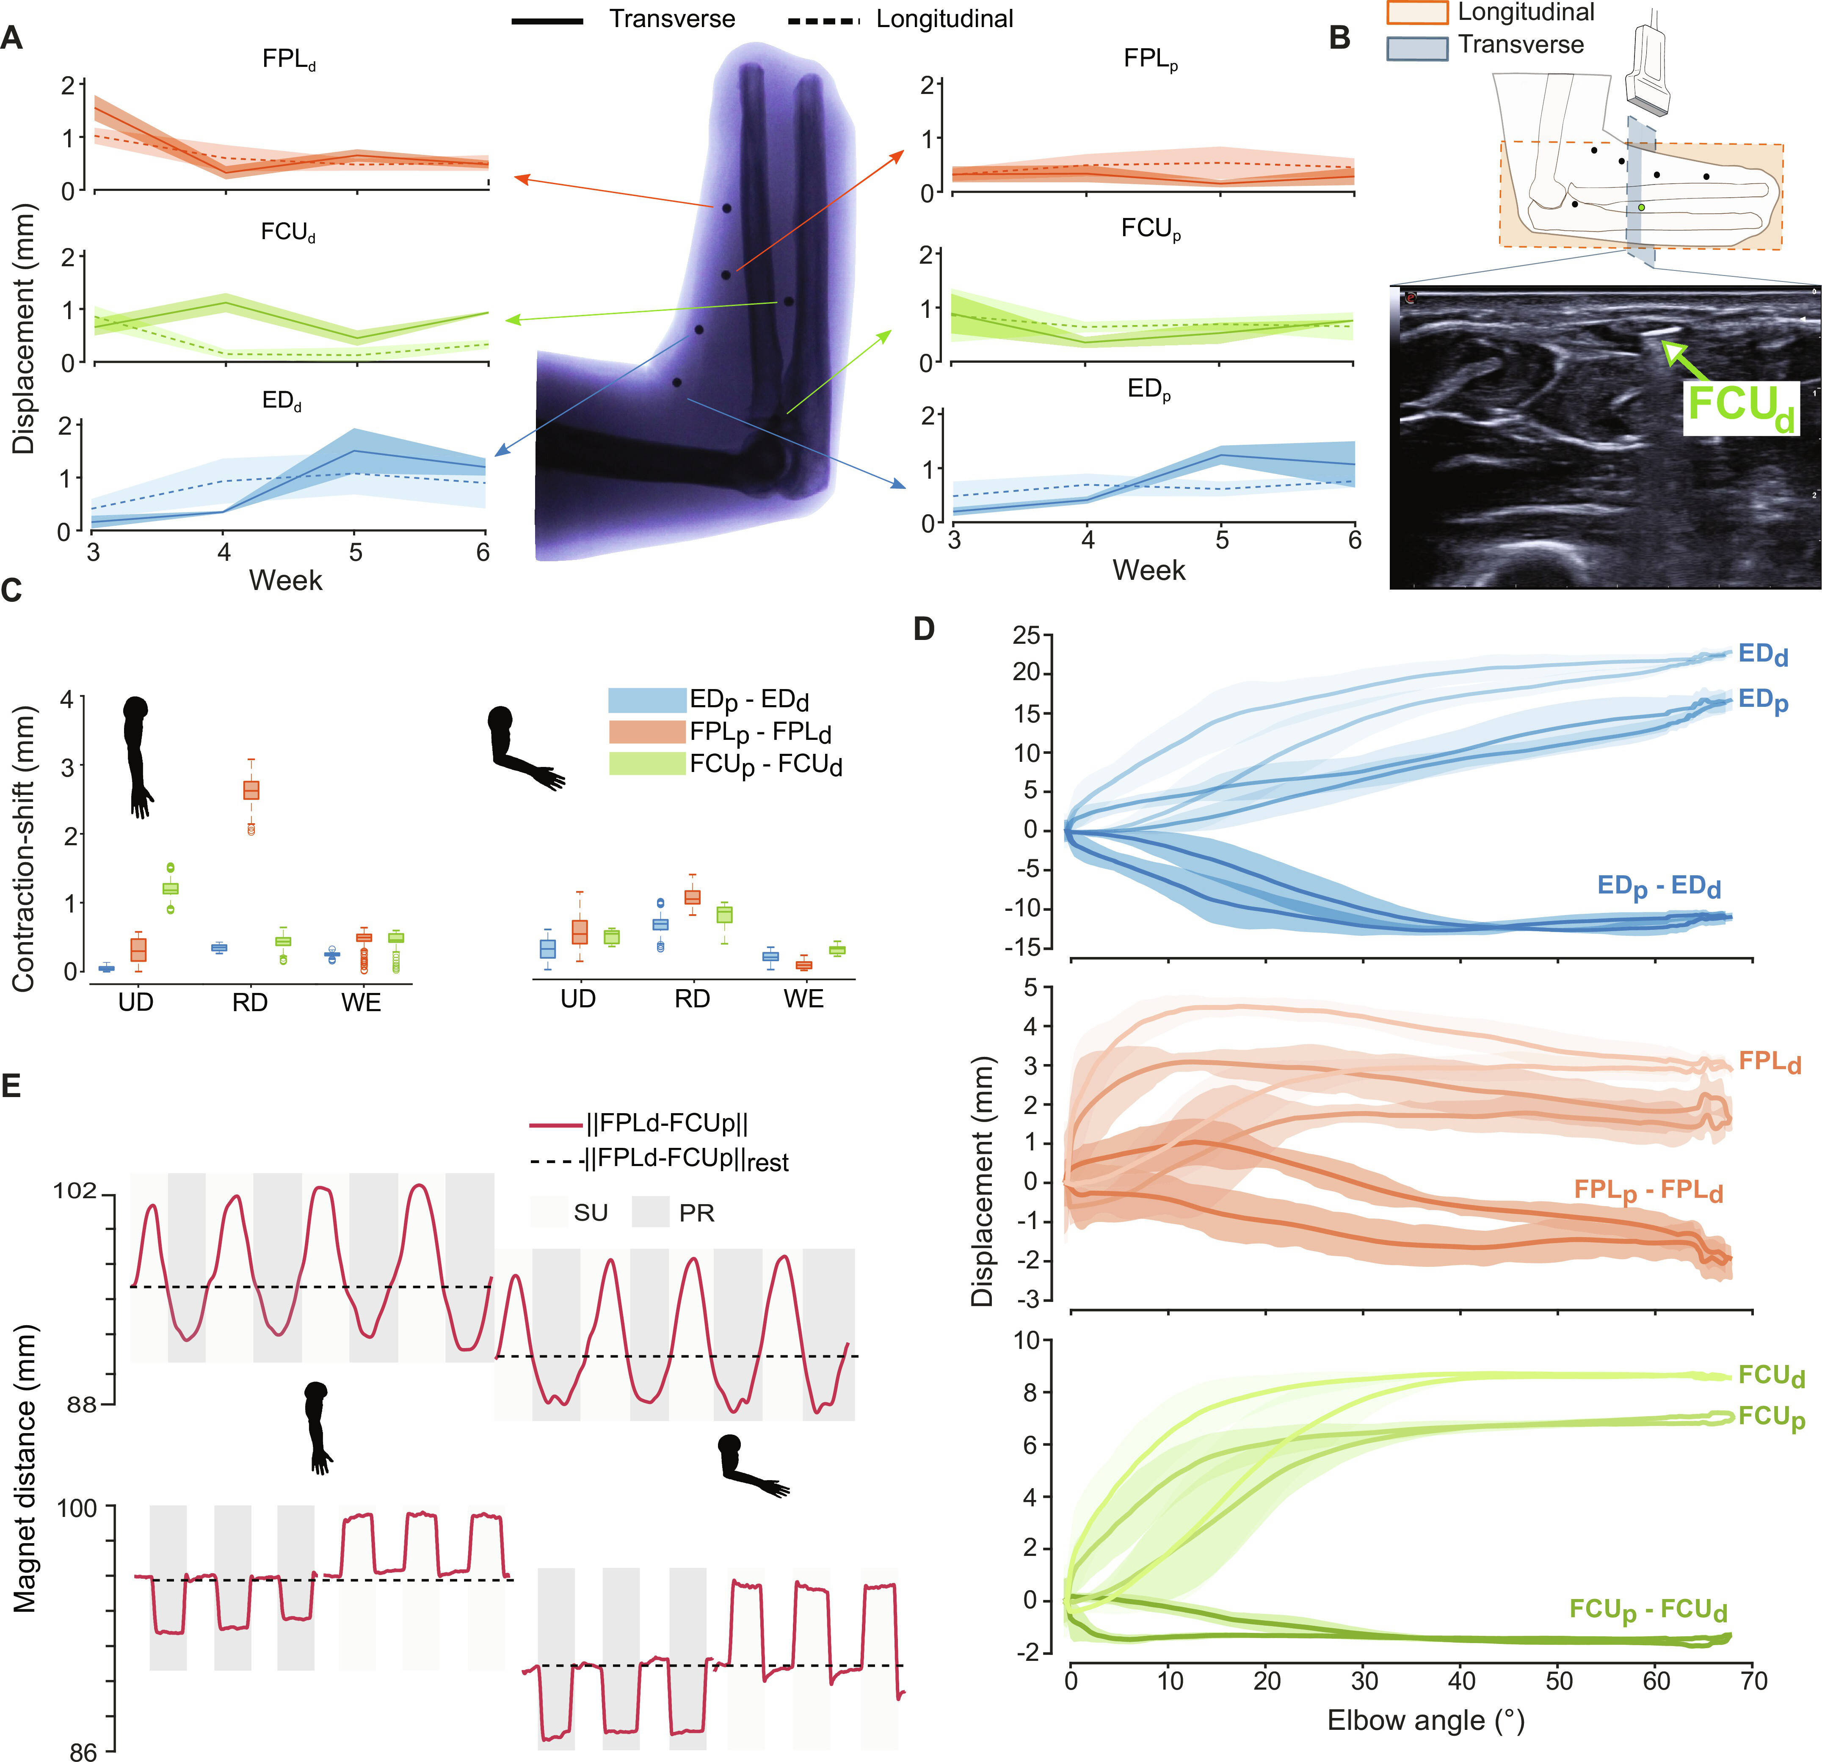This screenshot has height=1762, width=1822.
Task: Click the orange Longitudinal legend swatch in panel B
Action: [x=1417, y=12]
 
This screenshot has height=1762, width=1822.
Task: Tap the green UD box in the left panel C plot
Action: [x=170, y=888]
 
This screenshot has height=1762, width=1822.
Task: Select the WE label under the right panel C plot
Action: [x=803, y=999]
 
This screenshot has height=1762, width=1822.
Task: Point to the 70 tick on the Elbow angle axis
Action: [x=1753, y=1680]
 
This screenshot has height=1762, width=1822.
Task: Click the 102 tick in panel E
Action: [x=75, y=1191]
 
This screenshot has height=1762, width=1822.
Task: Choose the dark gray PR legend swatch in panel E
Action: [x=650, y=1212]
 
